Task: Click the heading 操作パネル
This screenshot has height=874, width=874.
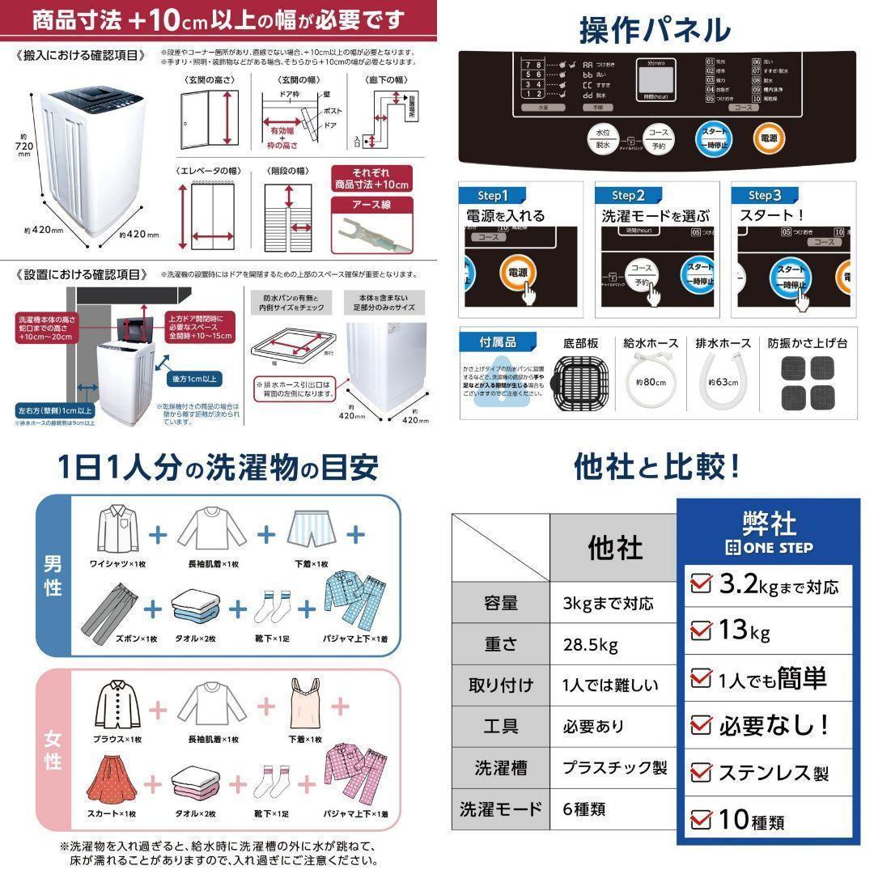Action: click(x=655, y=30)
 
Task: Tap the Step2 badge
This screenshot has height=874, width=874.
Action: click(x=623, y=195)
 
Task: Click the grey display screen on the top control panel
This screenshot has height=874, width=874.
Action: click(x=655, y=81)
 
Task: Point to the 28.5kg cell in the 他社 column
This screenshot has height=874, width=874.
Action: click(x=591, y=645)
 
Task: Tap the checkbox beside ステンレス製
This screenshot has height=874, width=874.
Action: click(x=701, y=773)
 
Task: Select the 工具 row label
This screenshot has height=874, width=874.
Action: click(x=500, y=726)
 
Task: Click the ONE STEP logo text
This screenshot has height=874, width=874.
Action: click(x=767, y=547)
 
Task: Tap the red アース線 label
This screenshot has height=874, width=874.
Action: click(x=372, y=205)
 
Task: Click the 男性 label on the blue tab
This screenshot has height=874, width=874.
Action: click(x=53, y=575)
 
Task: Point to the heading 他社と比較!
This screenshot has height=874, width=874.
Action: click(x=655, y=466)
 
